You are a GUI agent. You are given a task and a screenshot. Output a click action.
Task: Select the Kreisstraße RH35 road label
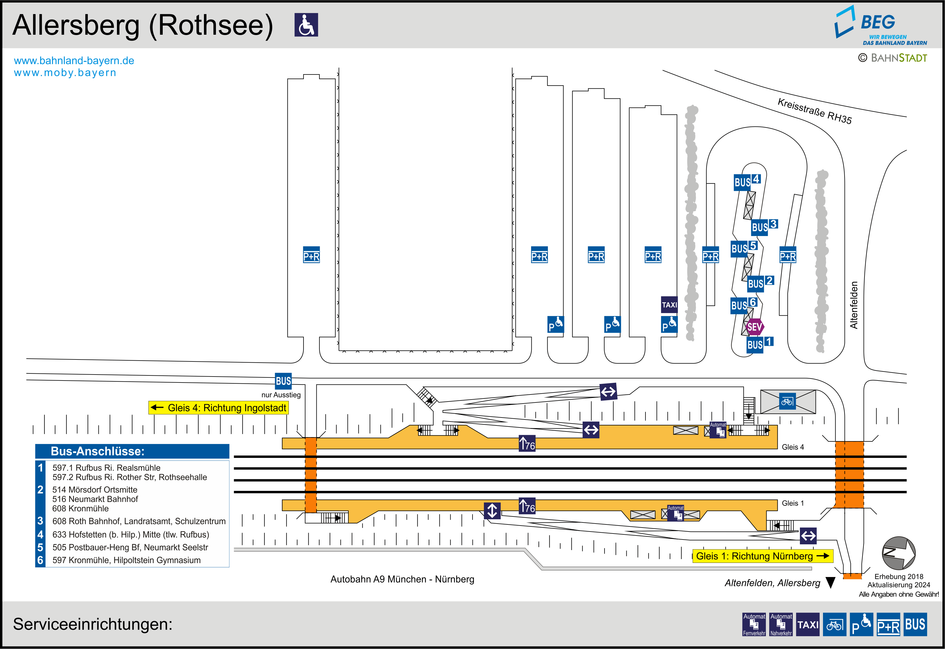click(814, 111)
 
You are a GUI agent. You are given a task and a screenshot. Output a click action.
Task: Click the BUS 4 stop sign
click(746, 181)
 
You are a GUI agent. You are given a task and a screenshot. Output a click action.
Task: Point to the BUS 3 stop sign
click(764, 226)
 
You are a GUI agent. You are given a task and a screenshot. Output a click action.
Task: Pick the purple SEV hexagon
click(754, 326)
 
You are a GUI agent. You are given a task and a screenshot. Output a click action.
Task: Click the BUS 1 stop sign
click(759, 344)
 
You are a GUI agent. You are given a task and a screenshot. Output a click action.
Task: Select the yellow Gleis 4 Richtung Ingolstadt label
click(219, 408)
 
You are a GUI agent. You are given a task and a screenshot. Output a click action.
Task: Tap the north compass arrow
click(898, 553)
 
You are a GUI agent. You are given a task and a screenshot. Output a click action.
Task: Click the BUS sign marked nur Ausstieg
click(283, 381)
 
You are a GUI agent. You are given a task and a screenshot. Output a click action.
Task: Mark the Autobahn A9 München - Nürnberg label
click(402, 579)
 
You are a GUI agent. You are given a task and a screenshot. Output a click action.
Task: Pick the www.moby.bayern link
click(65, 73)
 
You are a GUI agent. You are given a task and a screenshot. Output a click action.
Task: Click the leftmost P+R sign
click(311, 255)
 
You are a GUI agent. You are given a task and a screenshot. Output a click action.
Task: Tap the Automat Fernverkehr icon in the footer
click(754, 624)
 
